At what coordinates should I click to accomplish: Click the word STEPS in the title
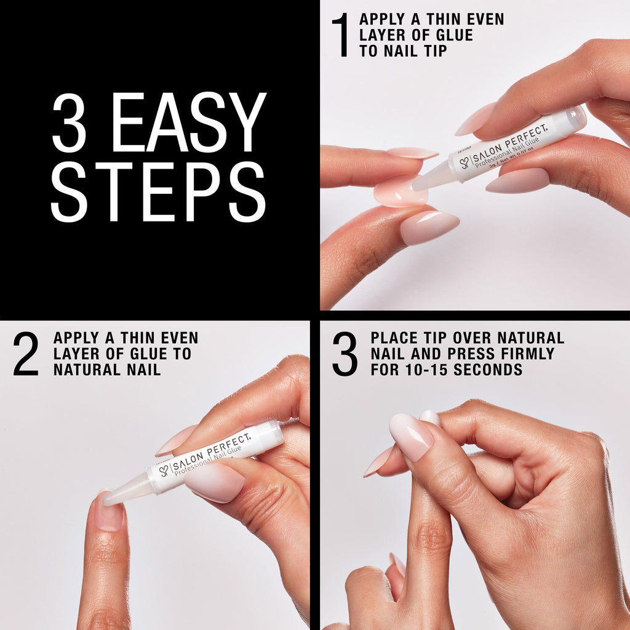coord(158,192)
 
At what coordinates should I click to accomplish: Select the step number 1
coord(340,36)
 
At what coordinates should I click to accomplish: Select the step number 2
coord(26,354)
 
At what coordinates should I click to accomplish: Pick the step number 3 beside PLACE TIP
coord(345,354)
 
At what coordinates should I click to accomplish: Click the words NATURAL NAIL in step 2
coord(107,370)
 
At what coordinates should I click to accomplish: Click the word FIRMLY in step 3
coord(526,354)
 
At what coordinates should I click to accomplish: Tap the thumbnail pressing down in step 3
coord(411,436)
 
